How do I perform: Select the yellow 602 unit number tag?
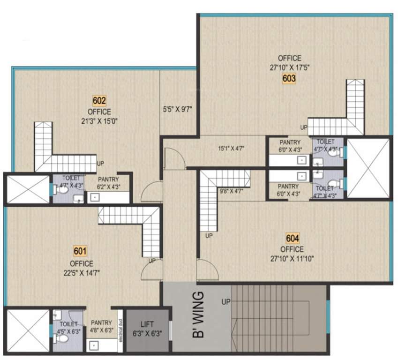tap(99, 100)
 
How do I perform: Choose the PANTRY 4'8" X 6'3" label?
tap(101, 326)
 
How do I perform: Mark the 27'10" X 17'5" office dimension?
tap(289, 68)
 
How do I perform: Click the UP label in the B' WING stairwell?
tap(226, 302)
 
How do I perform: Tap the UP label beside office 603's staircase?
tap(304, 127)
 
